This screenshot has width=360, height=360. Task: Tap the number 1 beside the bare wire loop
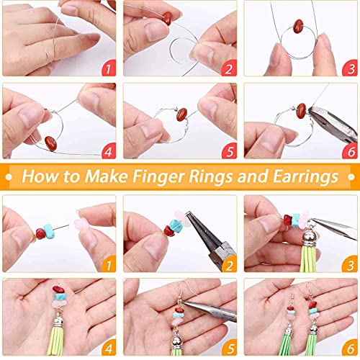(108, 69)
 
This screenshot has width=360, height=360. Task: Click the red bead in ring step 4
(51, 140)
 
